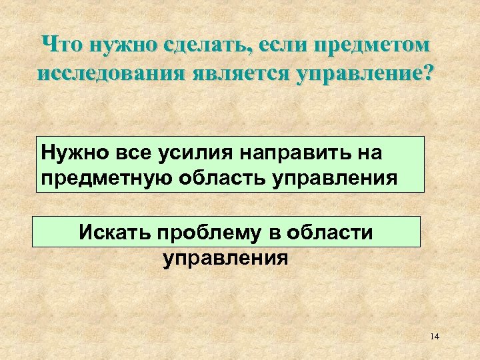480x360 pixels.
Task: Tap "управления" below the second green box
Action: coord(226,258)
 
